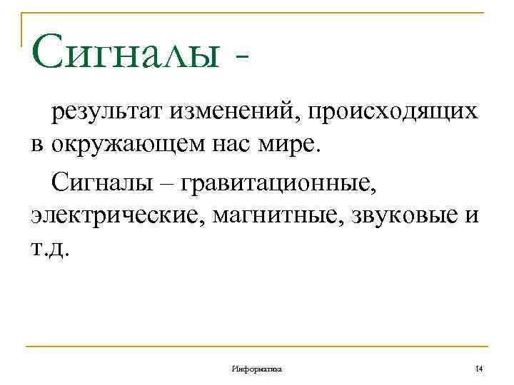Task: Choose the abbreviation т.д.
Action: tap(51, 249)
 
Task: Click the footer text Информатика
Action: tap(257, 369)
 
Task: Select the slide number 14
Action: tap(478, 368)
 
